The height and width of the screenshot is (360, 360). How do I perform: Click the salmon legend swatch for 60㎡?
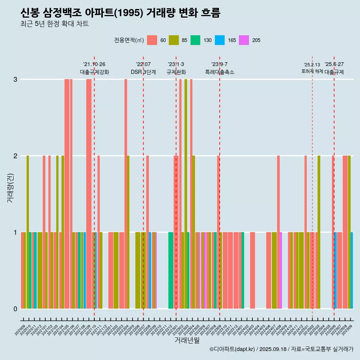(152, 40)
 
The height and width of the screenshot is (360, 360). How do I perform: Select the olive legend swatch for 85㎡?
(174, 40)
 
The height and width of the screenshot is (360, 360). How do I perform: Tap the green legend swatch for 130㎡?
(195, 40)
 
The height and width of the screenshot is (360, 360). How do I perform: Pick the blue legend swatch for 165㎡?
(220, 40)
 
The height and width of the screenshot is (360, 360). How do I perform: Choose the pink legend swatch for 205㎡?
(244, 40)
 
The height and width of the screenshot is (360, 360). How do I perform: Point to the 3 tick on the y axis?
(15, 79)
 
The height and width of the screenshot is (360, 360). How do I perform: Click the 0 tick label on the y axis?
(15, 309)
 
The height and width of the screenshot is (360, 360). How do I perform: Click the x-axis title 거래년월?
(187, 340)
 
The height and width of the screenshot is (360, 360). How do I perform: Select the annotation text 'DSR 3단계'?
(143, 72)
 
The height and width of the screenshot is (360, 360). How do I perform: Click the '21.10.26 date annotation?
(94, 64)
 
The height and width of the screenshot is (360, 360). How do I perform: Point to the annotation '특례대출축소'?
(220, 72)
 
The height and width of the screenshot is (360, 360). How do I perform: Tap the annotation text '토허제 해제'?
(312, 71)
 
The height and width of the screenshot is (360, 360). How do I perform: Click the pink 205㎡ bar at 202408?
(281, 270)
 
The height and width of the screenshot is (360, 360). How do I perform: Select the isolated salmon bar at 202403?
(252, 270)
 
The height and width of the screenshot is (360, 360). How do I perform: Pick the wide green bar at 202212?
(171, 270)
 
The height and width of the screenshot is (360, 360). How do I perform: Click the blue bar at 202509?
(352, 270)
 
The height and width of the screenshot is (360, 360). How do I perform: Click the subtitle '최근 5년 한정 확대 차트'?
(55, 24)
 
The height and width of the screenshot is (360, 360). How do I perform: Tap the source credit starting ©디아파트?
(281, 349)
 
